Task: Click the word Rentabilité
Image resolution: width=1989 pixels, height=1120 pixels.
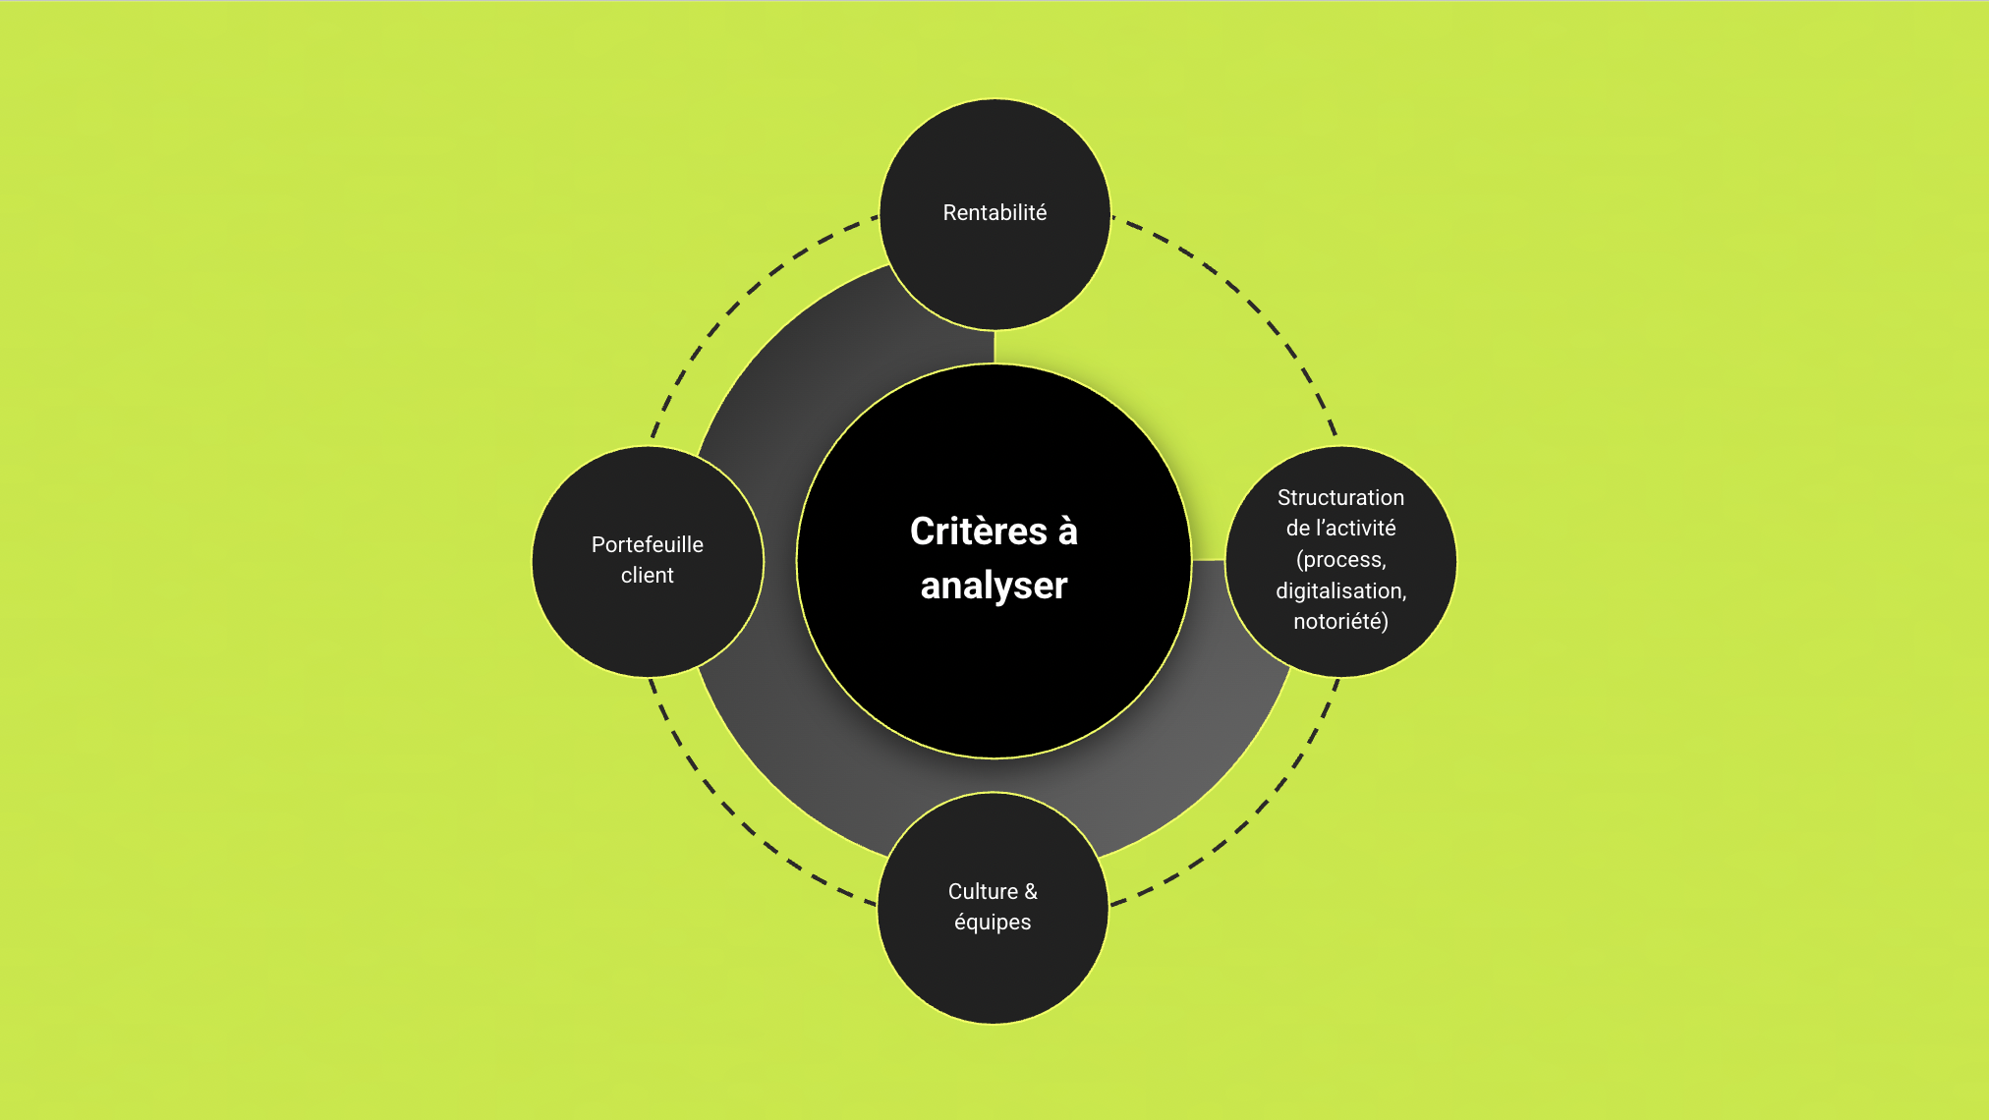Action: click(994, 213)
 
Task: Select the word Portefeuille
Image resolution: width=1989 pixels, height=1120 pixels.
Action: click(648, 545)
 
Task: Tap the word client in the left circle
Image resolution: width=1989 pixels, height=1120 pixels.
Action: click(648, 576)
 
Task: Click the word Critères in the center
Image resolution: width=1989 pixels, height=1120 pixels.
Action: click(979, 532)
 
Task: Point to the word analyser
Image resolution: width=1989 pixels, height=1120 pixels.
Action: click(994, 586)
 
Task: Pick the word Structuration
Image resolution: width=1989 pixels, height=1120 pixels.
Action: click(1340, 498)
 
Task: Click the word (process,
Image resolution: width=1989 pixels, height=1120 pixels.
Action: click(1340, 560)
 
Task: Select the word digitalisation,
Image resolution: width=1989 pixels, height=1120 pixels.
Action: click(1340, 591)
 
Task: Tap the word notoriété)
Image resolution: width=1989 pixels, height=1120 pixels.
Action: click(1340, 622)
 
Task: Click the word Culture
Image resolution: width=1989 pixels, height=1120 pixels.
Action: click(983, 892)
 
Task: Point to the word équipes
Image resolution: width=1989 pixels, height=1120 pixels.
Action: click(993, 923)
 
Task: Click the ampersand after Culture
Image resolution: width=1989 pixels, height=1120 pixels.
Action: click(1031, 892)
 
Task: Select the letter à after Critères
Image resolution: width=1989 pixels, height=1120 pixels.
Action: click(1068, 532)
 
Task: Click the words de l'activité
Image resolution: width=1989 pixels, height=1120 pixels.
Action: click(1340, 529)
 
